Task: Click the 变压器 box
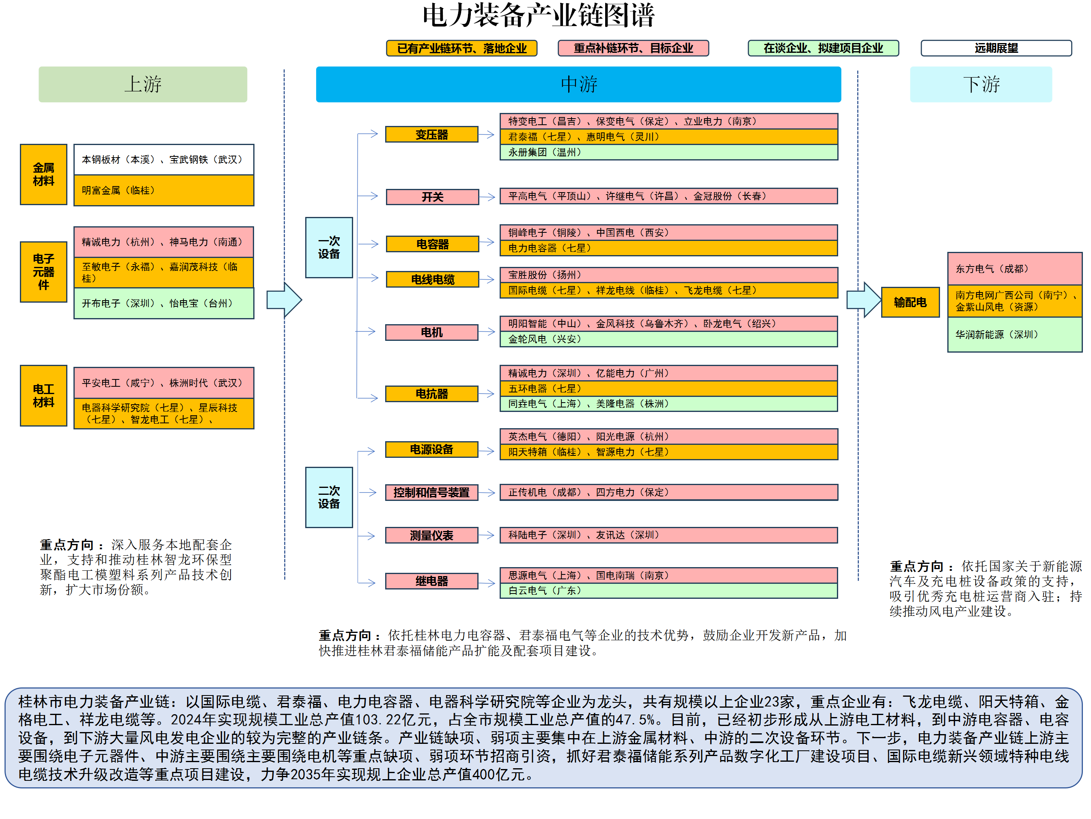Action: click(431, 134)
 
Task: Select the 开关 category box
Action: click(432, 197)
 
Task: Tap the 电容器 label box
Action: click(432, 244)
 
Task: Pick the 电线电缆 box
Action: click(432, 279)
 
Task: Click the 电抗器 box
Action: click(431, 394)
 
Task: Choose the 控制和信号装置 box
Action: click(431, 492)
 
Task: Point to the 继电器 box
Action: click(431, 581)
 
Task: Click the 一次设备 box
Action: click(329, 247)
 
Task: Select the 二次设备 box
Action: click(329, 497)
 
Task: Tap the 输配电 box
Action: click(910, 302)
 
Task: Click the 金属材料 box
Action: click(43, 174)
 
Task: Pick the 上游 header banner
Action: click(143, 84)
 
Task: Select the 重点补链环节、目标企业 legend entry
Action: click(633, 48)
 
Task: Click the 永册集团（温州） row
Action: click(668, 152)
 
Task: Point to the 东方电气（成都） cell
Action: click(1015, 269)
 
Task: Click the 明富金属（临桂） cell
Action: click(164, 191)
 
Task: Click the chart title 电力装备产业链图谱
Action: click(539, 16)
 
